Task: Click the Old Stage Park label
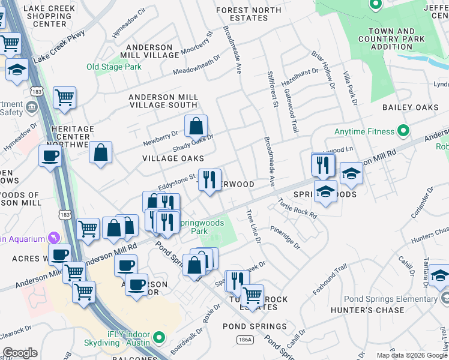pos(114,67)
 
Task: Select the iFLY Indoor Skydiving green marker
pos(158,337)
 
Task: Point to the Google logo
pos(20,353)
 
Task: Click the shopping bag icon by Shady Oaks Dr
pos(196,127)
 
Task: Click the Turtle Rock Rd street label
pos(297,209)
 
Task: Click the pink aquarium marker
pos(55,237)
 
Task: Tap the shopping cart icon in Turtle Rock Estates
pos(252,295)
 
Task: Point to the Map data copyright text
pos(411,355)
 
